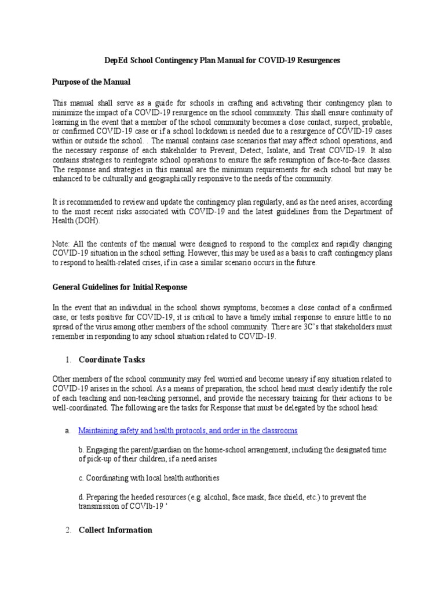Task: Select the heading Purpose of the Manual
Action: click(91, 81)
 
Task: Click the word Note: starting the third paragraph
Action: click(62, 244)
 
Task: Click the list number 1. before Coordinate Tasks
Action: click(68, 360)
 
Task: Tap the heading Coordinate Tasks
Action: click(112, 360)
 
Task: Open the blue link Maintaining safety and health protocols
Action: click(188, 430)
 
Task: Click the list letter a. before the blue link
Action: click(68, 430)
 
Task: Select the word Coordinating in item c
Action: click(108, 478)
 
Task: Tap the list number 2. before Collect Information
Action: click(68, 530)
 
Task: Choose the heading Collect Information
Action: click(115, 530)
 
